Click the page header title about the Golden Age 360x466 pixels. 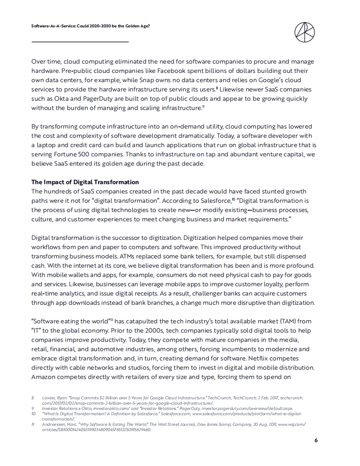pyautogui.click(x=91, y=26)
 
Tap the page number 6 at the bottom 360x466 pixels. pyautogui.click(x=316, y=440)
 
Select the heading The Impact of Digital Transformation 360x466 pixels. pyautogui.click(x=85, y=182)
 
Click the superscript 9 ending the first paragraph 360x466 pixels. pyautogui.click(x=202, y=106)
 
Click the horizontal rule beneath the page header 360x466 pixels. pyautogui.click(x=80, y=42)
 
